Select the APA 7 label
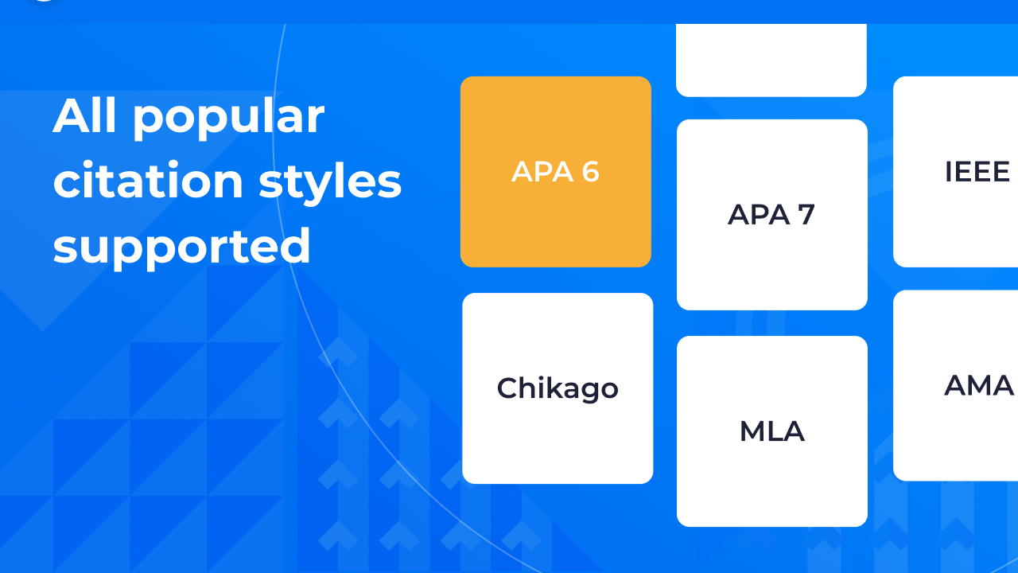(x=771, y=215)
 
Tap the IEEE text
(x=977, y=172)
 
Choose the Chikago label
(x=558, y=388)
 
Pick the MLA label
(x=771, y=431)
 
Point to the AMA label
(x=978, y=386)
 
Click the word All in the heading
(x=86, y=116)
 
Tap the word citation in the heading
(x=148, y=181)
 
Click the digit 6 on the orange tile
(x=589, y=172)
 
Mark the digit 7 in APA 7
(x=806, y=215)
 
